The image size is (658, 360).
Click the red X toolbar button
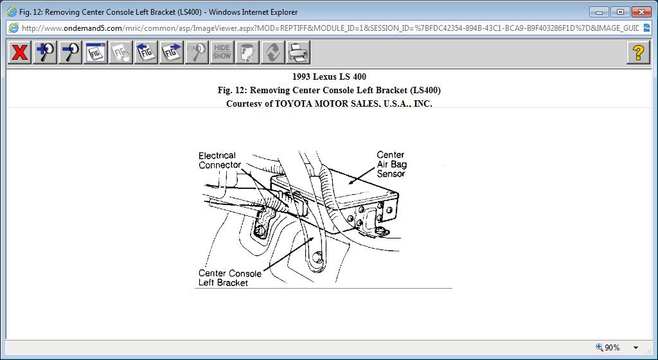click(x=20, y=52)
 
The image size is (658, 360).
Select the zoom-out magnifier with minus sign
click(x=70, y=52)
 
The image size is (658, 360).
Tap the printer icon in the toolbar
click(x=298, y=52)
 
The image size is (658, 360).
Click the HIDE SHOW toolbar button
click(x=222, y=52)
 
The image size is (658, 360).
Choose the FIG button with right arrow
click(x=172, y=52)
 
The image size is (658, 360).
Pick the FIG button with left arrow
click(x=146, y=52)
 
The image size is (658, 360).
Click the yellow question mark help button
click(x=637, y=52)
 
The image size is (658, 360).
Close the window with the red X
click(x=641, y=12)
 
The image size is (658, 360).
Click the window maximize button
click(x=619, y=12)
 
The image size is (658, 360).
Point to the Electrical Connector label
click(x=219, y=160)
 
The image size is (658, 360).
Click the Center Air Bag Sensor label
click(x=391, y=164)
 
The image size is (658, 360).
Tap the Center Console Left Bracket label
click(x=229, y=278)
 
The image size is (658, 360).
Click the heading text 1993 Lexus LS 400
click(x=329, y=77)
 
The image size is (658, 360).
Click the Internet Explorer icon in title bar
click(x=12, y=12)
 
